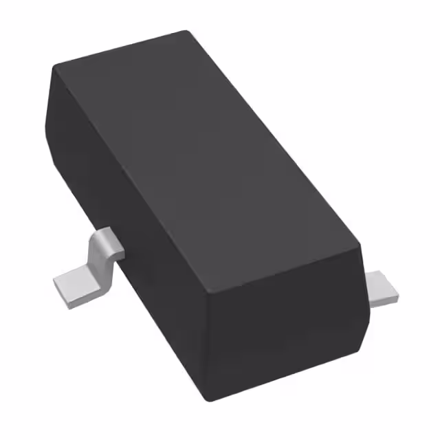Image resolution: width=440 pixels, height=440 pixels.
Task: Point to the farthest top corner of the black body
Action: (x=186, y=31)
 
